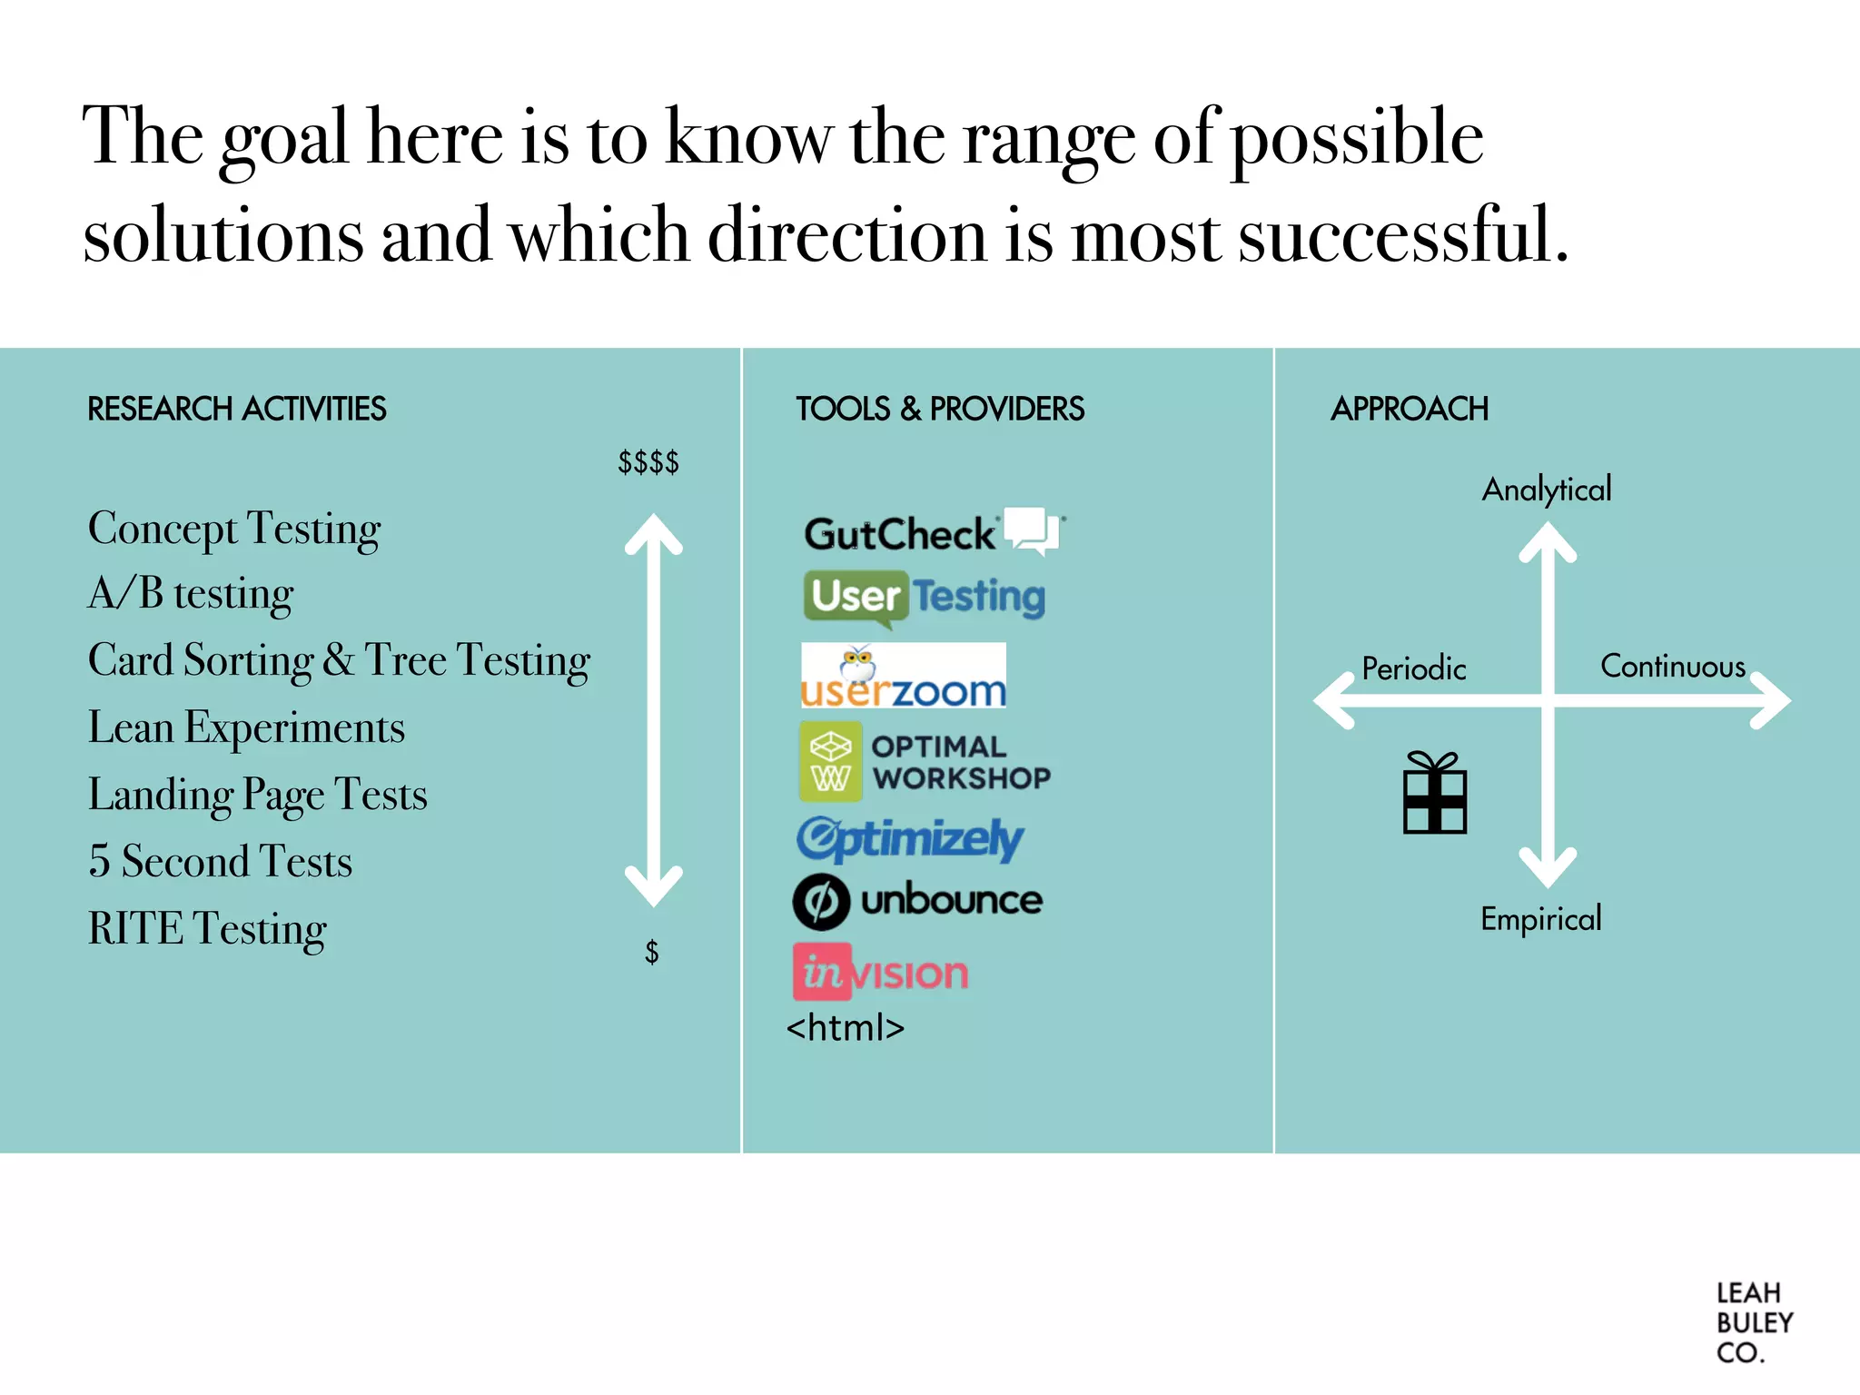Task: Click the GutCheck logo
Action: click(x=934, y=532)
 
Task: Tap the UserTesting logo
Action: click(x=925, y=598)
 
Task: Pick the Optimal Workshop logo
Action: click(x=925, y=762)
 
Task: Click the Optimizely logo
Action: click(x=910, y=838)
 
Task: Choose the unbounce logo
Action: click(x=917, y=901)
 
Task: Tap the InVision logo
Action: click(x=881, y=973)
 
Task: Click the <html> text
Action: click(x=846, y=1028)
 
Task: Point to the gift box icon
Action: click(x=1435, y=793)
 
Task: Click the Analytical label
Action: click(x=1547, y=490)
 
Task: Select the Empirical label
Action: click(x=1541, y=919)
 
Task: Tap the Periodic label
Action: click(x=1414, y=668)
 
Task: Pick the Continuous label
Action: click(x=1673, y=667)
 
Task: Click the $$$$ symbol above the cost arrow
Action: click(x=648, y=462)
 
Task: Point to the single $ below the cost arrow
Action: click(x=651, y=952)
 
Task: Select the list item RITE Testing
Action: click(x=207, y=928)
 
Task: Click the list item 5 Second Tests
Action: click(x=220, y=861)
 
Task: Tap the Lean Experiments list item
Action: click(x=246, y=727)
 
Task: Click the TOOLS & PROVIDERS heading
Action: click(x=940, y=409)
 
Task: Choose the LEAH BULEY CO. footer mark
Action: click(x=1753, y=1322)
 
